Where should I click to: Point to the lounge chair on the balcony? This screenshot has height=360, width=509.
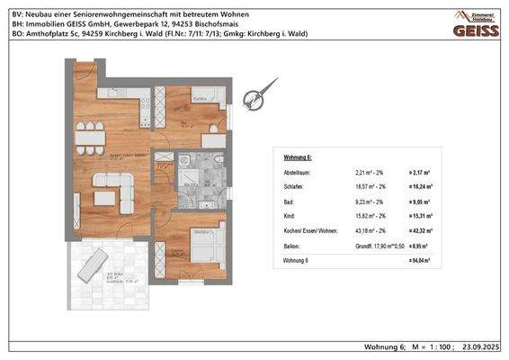pyautogui.click(x=94, y=266)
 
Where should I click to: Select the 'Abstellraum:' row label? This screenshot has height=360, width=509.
pyautogui.click(x=298, y=171)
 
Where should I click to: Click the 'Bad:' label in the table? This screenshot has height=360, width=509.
pyautogui.click(x=290, y=202)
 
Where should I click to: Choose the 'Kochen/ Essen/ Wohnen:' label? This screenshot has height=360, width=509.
pyautogui.click(x=309, y=230)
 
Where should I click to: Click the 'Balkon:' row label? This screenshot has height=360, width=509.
pyautogui.click(x=292, y=245)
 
